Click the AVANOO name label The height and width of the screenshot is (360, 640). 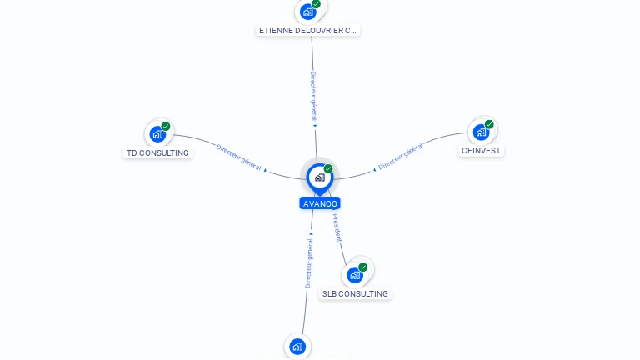click(x=320, y=203)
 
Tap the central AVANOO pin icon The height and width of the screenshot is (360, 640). click(x=319, y=177)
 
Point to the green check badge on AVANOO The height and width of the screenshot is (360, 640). click(x=328, y=169)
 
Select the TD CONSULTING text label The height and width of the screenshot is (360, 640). click(x=157, y=153)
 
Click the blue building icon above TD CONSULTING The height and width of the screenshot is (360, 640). click(x=157, y=133)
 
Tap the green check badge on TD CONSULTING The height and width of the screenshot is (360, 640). click(x=166, y=126)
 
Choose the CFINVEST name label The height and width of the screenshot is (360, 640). click(x=482, y=151)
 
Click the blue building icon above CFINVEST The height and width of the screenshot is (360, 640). click(x=480, y=132)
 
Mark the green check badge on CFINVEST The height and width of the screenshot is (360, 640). click(x=489, y=124)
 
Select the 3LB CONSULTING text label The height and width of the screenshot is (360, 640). click(x=355, y=294)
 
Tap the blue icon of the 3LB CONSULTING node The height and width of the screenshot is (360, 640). click(x=355, y=275)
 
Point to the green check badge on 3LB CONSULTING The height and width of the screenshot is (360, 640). click(x=363, y=267)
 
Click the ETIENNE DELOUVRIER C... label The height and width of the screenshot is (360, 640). click(x=307, y=31)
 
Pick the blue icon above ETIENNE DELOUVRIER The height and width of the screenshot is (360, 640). click(x=307, y=12)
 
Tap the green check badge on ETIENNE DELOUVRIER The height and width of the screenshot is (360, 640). click(x=316, y=4)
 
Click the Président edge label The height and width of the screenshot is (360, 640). click(x=337, y=227)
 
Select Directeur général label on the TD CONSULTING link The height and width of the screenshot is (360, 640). click(x=239, y=157)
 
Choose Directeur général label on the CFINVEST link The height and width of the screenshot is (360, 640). click(x=401, y=156)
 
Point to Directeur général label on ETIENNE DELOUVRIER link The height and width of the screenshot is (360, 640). click(x=313, y=96)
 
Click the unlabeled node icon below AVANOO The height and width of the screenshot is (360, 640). click(x=297, y=346)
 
